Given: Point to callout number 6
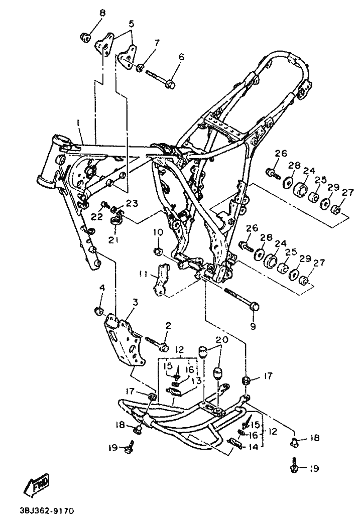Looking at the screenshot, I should click(x=182, y=57).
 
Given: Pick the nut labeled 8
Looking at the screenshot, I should click(x=85, y=36).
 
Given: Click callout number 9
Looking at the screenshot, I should click(x=253, y=326).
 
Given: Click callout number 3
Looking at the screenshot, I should click(x=135, y=302).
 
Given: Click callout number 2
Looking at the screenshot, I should click(x=168, y=326).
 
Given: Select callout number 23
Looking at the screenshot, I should click(x=132, y=203).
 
